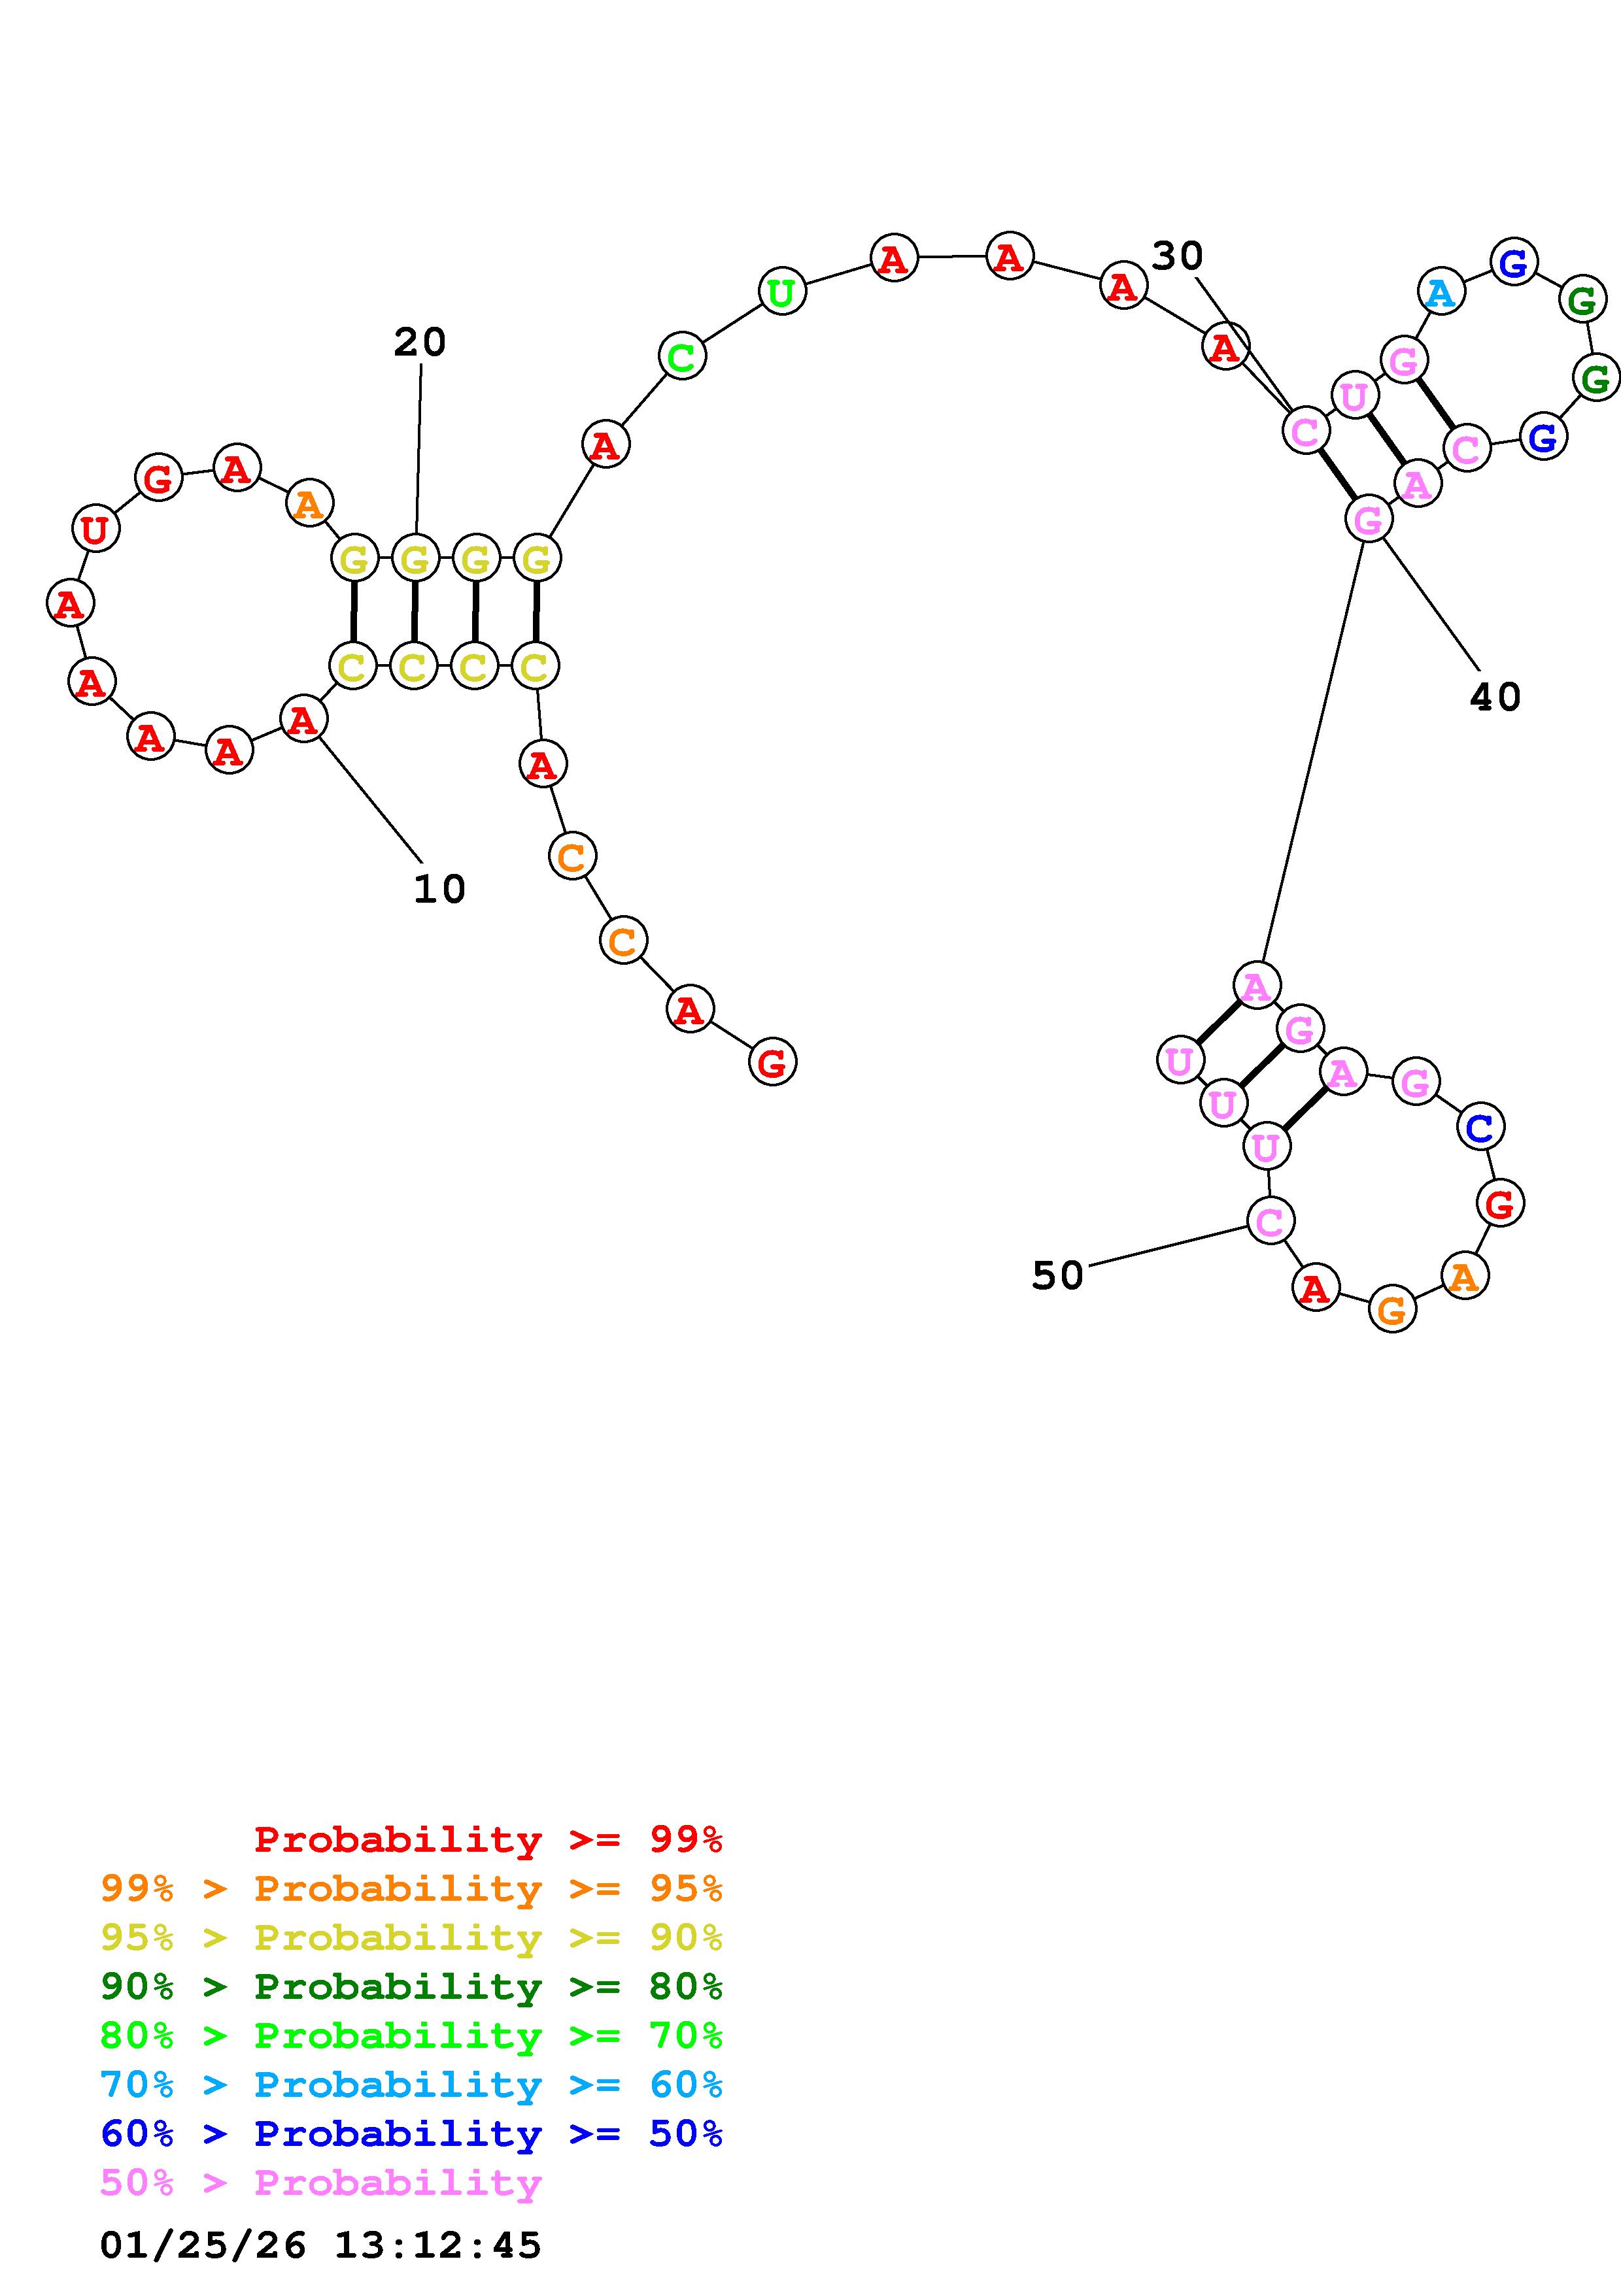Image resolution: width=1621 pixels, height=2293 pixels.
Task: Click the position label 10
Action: click(x=439, y=889)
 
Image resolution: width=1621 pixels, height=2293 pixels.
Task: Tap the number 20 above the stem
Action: click(x=420, y=343)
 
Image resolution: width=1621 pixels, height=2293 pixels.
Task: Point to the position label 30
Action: click(x=1178, y=257)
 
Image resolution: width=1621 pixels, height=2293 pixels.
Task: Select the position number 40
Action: click(x=1495, y=697)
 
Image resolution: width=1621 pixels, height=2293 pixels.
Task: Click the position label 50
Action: click(x=1058, y=1275)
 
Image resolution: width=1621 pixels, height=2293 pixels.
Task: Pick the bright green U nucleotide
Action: click(x=782, y=292)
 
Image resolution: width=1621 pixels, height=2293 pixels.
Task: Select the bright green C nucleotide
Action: click(x=682, y=356)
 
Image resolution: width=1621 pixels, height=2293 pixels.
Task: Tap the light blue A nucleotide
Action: click(x=1441, y=293)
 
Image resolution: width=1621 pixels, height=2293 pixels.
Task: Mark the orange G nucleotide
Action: click(x=1392, y=1309)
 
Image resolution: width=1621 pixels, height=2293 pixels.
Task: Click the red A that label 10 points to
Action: click(x=303, y=719)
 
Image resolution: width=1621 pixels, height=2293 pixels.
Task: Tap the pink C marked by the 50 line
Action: click(x=1269, y=1220)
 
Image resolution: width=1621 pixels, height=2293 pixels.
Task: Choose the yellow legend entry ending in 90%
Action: click(x=411, y=1937)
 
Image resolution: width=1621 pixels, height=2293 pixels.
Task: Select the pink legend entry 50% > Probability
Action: click(x=320, y=2182)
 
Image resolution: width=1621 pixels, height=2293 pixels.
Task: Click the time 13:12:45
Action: click(x=437, y=2245)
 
